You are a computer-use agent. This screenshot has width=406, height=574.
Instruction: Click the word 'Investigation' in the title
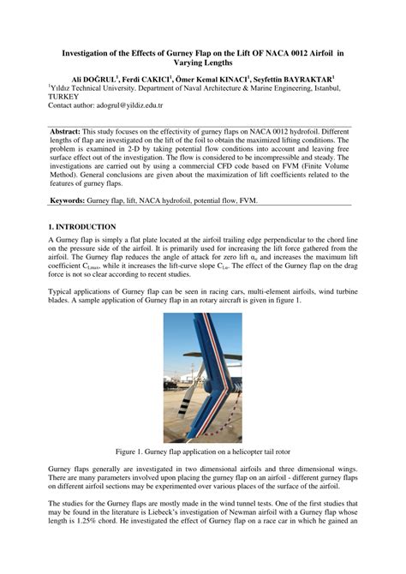pos(92,53)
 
